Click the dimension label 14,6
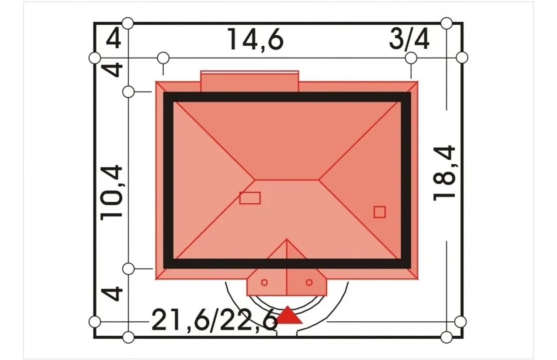(x=255, y=40)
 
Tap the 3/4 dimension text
(x=409, y=39)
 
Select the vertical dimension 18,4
(x=444, y=173)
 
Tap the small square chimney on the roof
(x=379, y=212)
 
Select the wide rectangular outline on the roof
(x=250, y=198)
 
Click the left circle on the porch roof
(x=264, y=282)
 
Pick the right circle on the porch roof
(x=309, y=282)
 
